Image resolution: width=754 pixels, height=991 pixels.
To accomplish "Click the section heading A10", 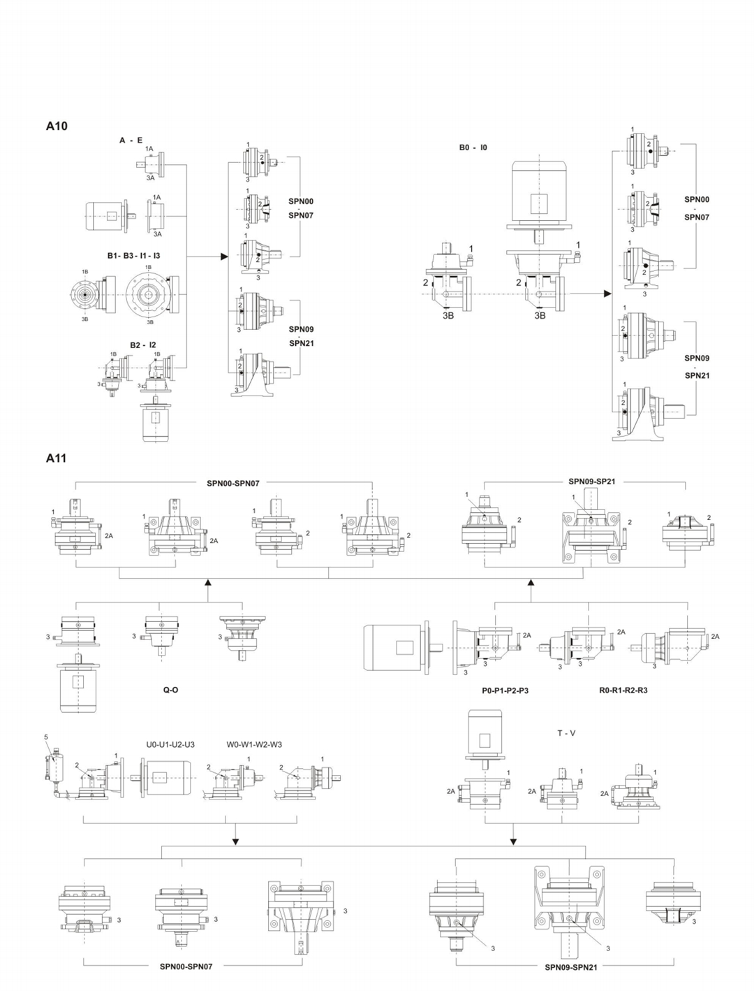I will (x=57, y=126).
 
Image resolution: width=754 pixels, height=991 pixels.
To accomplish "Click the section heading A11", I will (x=56, y=458).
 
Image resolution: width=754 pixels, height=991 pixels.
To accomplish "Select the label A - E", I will (x=131, y=140).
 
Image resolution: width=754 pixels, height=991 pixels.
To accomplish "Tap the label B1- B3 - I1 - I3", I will (x=133, y=256).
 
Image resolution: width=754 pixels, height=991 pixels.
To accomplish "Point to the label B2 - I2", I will (x=143, y=345).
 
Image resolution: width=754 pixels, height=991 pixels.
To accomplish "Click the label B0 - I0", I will (x=473, y=147).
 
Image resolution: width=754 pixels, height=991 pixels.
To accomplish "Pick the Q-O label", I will (x=170, y=690).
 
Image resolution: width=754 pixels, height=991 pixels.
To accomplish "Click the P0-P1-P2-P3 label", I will (x=505, y=690).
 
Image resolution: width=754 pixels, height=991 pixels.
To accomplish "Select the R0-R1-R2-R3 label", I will (x=623, y=690).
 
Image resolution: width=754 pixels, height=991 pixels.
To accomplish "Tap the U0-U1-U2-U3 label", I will (x=170, y=744).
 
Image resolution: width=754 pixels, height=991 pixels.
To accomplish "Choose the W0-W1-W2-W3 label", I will (x=254, y=744).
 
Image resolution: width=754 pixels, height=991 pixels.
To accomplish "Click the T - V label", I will (x=566, y=733).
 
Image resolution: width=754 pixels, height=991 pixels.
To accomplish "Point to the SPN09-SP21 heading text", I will (x=591, y=482).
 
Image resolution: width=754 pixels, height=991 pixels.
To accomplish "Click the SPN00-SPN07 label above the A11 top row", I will (x=233, y=482).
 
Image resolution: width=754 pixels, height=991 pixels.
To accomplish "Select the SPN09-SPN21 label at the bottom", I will (x=570, y=967).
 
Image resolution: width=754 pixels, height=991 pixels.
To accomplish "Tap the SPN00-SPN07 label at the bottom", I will (x=186, y=967).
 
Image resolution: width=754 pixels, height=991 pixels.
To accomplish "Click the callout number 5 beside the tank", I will (x=46, y=737).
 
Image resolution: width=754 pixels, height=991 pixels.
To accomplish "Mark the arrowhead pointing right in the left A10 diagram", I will (x=224, y=256).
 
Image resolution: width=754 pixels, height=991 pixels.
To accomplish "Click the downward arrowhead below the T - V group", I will (x=514, y=839).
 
